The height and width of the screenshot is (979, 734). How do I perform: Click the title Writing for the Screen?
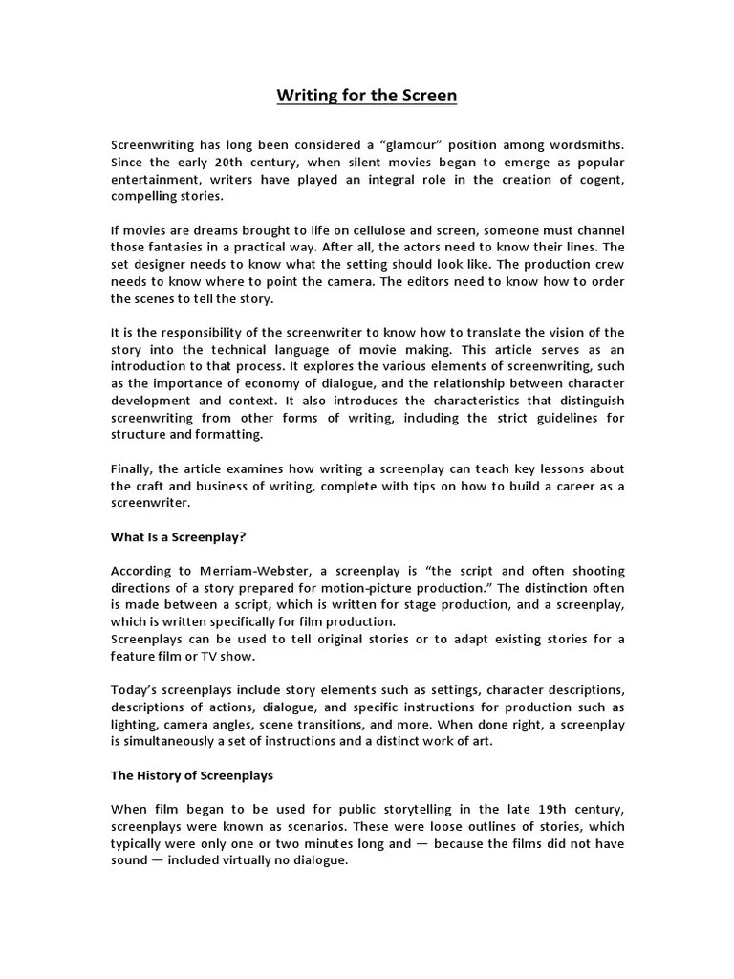[x=367, y=96]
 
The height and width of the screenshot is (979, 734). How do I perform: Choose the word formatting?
[x=235, y=435]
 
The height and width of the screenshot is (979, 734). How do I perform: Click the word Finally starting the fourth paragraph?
[x=132, y=469]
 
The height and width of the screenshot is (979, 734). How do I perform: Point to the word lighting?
[x=135, y=724]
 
